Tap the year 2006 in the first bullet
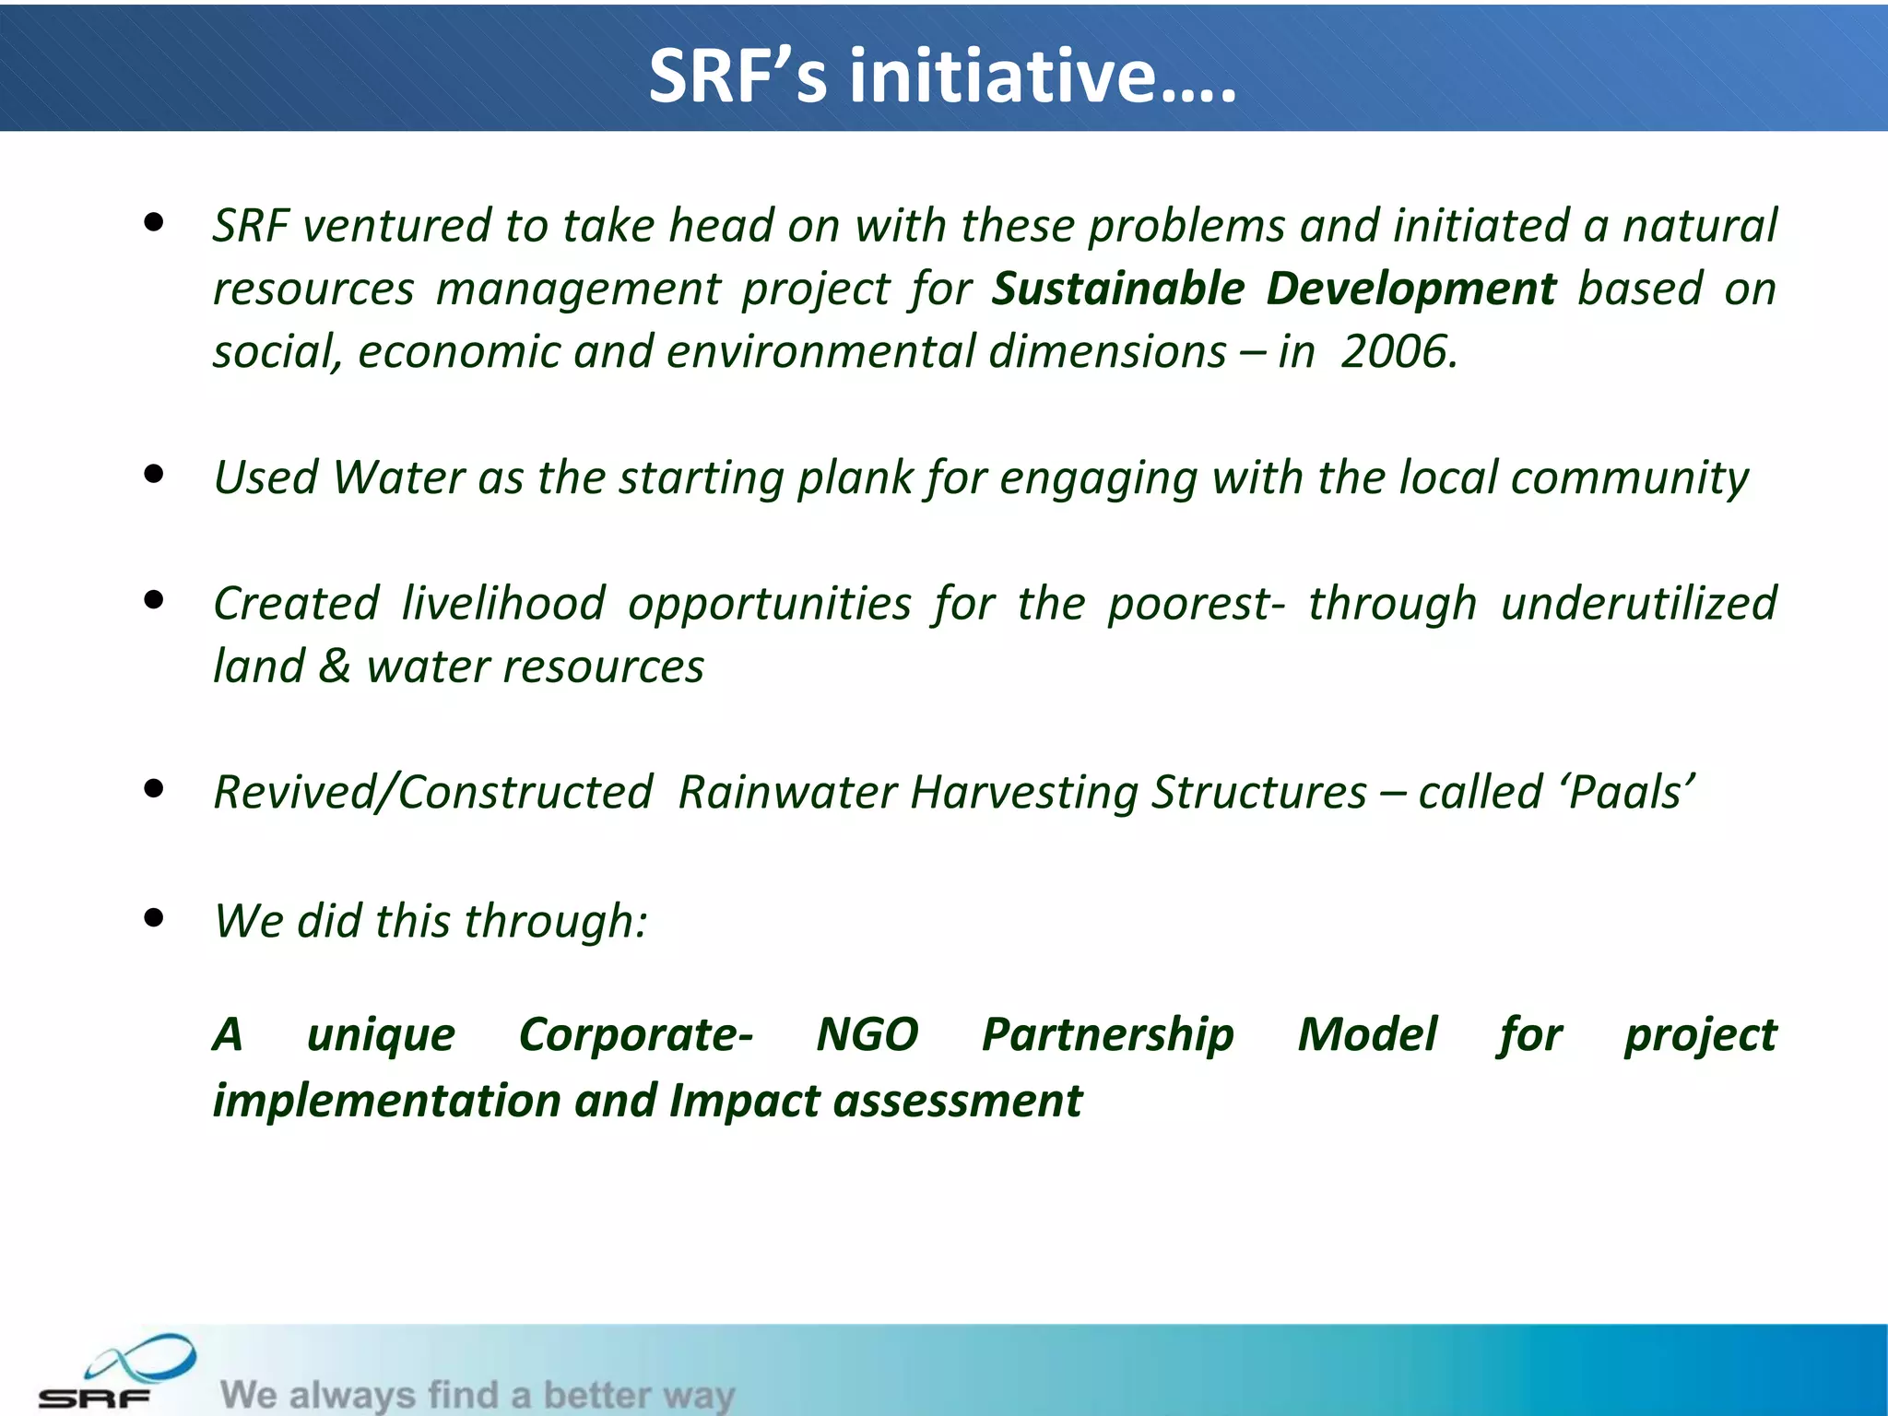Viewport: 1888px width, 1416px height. tap(1398, 352)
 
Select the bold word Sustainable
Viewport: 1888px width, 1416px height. tap(1118, 289)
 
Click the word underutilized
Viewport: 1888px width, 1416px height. tap(1637, 604)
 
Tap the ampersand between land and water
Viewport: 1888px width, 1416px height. tap(335, 667)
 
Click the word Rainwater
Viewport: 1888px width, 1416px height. tap(786, 793)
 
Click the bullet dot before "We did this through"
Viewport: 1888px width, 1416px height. tap(154, 917)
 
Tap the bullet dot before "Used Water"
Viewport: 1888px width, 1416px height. tap(154, 475)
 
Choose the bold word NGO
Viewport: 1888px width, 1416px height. tap(867, 1034)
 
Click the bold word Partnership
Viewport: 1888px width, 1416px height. tap(1107, 1034)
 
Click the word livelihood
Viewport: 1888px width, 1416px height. tap(503, 604)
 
